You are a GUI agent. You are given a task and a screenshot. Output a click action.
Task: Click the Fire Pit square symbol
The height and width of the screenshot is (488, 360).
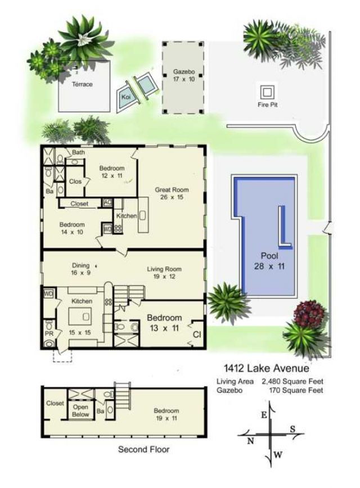coord(267,91)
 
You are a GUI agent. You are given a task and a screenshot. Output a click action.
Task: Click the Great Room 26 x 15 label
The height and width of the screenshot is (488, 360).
coord(170,194)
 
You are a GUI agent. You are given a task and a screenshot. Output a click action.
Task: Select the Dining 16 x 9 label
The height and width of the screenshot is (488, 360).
coord(81,269)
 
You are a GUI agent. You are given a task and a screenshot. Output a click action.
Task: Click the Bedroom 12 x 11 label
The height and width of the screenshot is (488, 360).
coord(111,171)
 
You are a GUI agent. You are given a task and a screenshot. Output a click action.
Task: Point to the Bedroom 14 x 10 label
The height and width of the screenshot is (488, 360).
coord(72,228)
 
